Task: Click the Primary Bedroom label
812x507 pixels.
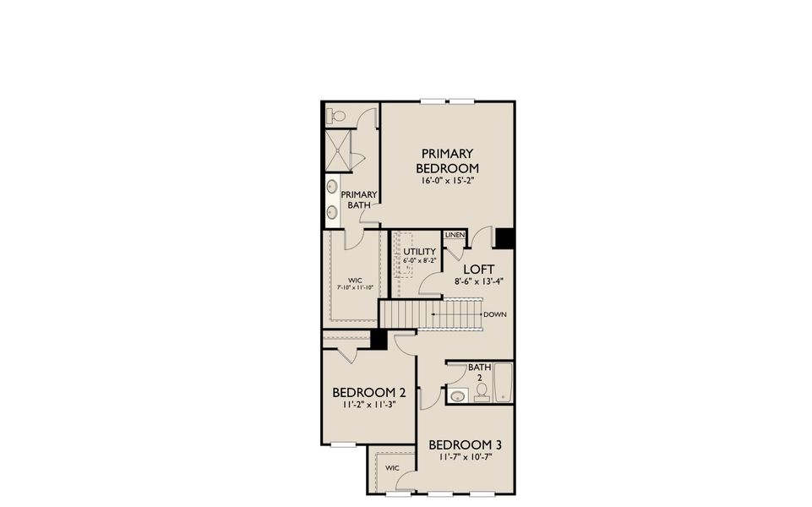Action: (x=448, y=161)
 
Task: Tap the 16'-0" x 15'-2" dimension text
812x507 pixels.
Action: (x=448, y=181)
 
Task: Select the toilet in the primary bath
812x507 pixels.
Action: (x=335, y=117)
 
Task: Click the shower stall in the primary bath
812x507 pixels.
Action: (x=338, y=150)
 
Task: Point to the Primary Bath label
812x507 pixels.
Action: (x=359, y=199)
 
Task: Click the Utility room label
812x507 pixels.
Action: (x=419, y=251)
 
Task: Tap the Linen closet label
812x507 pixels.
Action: (x=455, y=235)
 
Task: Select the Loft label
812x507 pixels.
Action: (x=478, y=270)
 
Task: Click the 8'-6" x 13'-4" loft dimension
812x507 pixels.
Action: (x=479, y=281)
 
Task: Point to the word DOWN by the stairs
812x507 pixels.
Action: (x=495, y=314)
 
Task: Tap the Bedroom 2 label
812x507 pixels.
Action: (x=368, y=393)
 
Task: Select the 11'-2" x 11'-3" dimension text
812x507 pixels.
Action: (x=368, y=405)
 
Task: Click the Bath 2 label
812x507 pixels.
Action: (x=480, y=373)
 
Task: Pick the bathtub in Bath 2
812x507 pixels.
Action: (x=504, y=382)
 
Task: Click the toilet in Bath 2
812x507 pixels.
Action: (x=482, y=392)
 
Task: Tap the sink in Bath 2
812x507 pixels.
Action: (x=457, y=396)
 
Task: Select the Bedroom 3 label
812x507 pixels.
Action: (x=465, y=444)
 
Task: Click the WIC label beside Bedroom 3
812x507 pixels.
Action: (x=392, y=468)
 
